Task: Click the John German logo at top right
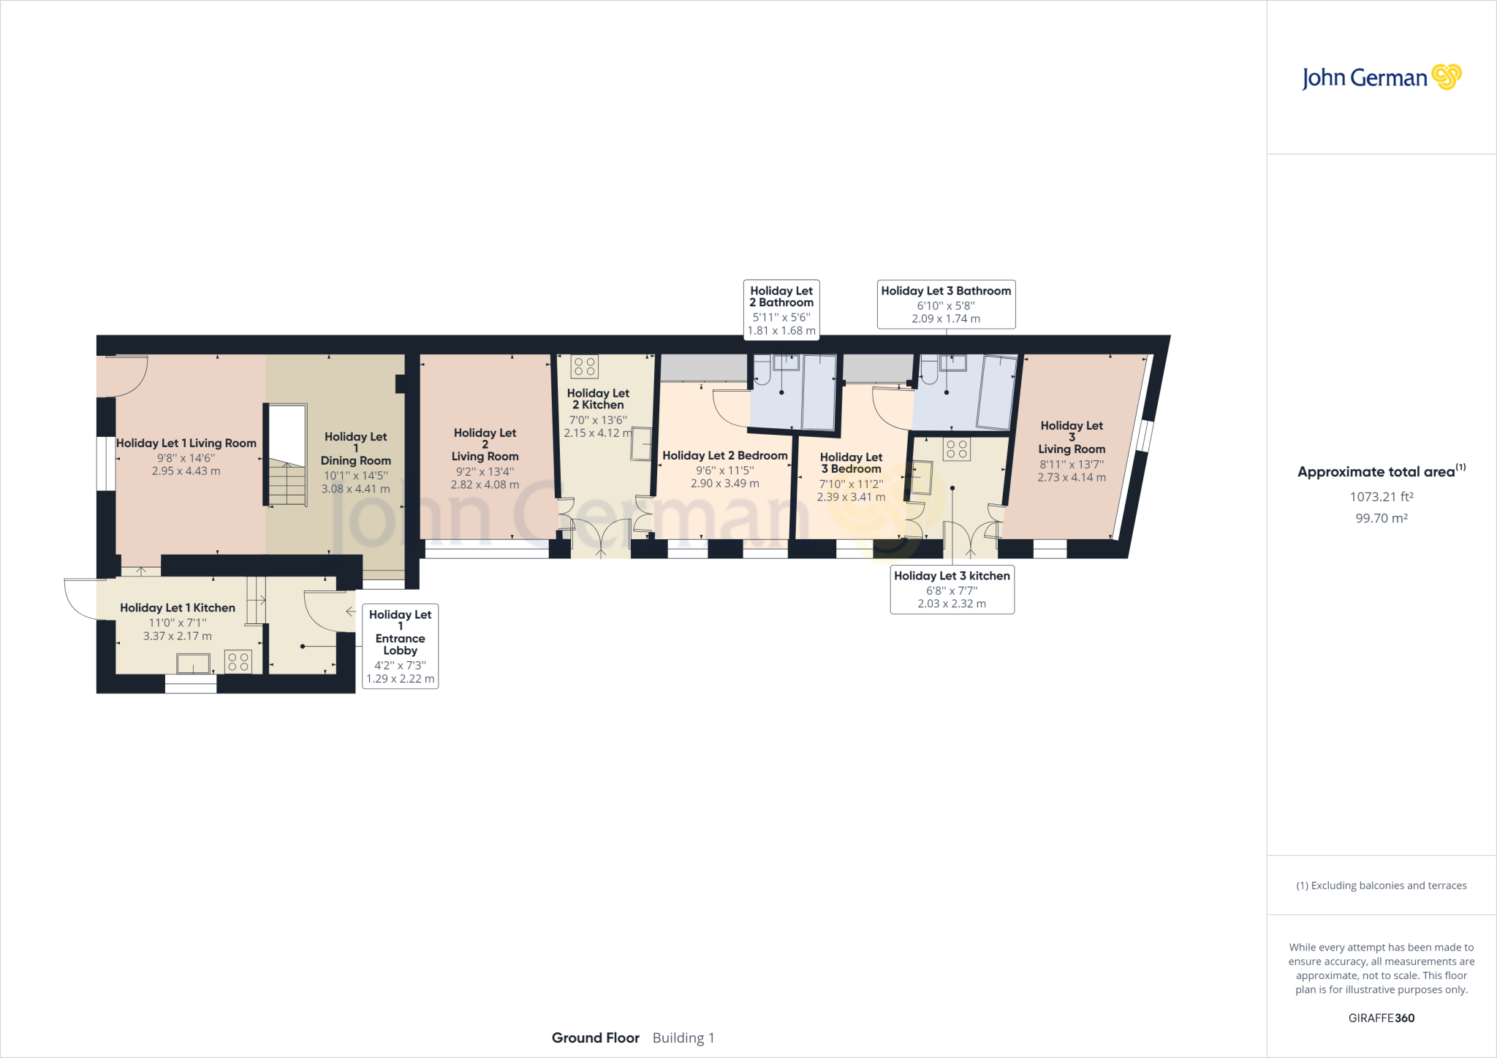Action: point(1382,77)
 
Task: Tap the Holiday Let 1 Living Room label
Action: point(186,444)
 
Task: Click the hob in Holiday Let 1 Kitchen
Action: point(238,662)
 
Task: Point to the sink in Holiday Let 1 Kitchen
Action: point(193,663)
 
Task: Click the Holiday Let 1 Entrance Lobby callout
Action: point(401,646)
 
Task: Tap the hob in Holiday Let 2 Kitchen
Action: point(585,366)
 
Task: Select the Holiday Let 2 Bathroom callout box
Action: point(781,310)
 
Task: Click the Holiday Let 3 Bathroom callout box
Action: point(946,304)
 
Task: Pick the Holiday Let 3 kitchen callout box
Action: point(952,589)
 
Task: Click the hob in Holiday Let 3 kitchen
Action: point(957,449)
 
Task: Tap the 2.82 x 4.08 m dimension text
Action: point(485,484)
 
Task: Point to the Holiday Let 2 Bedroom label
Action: point(725,456)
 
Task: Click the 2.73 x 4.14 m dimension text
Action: point(1072,477)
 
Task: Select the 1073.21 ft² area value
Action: point(1382,497)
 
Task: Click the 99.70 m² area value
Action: point(1382,518)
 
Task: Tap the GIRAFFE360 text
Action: point(1382,1018)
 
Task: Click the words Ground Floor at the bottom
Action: point(596,1038)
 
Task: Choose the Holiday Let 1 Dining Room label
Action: point(356,449)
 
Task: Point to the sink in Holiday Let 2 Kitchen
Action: point(642,444)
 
